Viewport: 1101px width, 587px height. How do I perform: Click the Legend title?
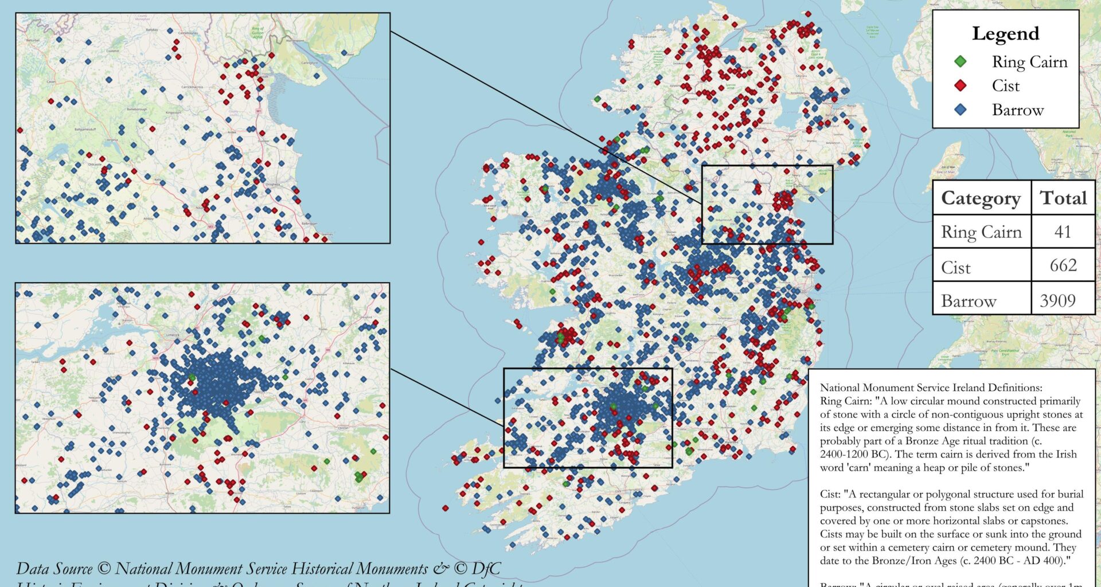click(x=1005, y=34)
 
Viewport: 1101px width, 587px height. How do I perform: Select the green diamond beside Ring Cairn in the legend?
click(x=961, y=61)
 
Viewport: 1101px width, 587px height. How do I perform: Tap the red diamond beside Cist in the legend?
click(x=961, y=85)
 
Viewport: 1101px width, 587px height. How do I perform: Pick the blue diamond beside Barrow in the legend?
click(x=961, y=109)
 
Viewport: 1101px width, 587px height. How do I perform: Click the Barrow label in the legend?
click(x=1018, y=109)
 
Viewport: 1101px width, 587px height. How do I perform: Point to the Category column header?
click(x=981, y=198)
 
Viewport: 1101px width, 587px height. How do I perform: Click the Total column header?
click(x=1063, y=198)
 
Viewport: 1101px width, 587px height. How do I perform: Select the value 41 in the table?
click(x=1063, y=232)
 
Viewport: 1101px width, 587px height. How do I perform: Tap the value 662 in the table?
click(x=1063, y=265)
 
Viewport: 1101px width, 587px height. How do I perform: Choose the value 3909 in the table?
click(x=1058, y=300)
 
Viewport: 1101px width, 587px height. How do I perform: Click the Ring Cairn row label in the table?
click(x=981, y=232)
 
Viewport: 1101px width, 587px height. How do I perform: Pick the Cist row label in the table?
click(x=956, y=267)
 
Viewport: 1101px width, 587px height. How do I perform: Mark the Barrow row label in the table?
click(x=969, y=300)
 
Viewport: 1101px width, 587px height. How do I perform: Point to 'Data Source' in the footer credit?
click(x=54, y=569)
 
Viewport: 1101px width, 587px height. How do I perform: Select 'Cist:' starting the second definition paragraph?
click(x=830, y=494)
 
